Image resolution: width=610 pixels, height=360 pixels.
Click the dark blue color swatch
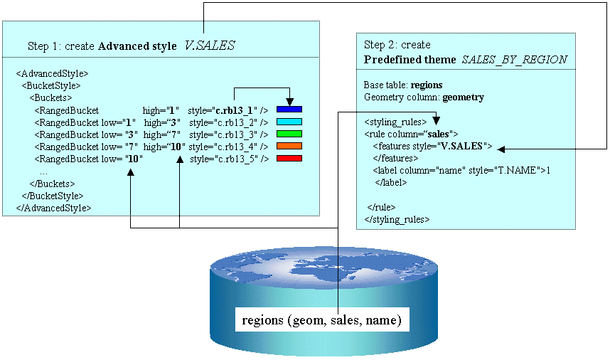(290, 110)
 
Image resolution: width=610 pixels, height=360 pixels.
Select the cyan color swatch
(290, 122)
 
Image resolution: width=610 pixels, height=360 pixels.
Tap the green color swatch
(290, 133)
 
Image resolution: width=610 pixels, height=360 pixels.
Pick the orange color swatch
(290, 145)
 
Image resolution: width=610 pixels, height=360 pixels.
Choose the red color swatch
(290, 157)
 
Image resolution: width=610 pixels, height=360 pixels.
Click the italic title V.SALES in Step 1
(210, 46)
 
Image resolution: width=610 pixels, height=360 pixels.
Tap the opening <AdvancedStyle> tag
(52, 73)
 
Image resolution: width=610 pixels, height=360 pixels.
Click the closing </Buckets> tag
(55, 184)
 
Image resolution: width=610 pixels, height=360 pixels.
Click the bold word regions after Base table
(427, 85)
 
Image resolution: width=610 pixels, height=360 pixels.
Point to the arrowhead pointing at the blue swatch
(290, 102)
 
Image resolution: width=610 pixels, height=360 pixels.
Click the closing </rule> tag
(381, 206)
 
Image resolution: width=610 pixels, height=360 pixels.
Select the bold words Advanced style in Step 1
(137, 46)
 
